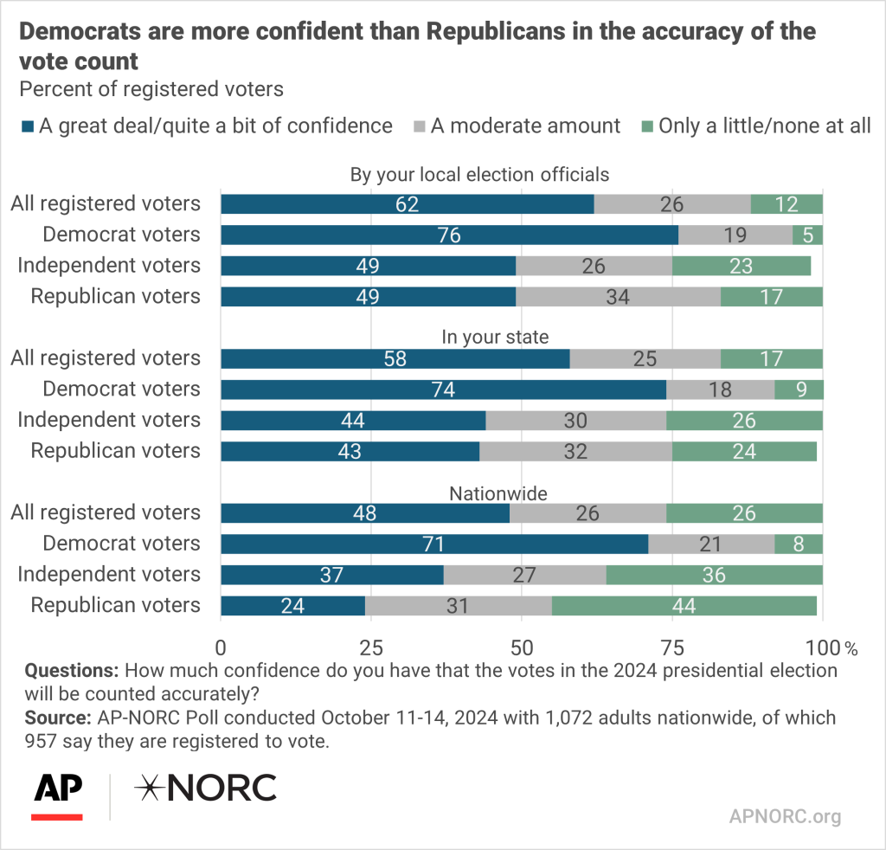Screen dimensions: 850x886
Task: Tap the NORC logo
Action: [x=206, y=788]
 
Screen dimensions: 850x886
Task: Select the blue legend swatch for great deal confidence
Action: [x=26, y=126]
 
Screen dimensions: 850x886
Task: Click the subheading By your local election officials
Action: [x=479, y=175]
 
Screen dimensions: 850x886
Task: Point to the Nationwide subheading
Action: [x=498, y=493]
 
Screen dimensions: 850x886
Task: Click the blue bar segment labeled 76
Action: [x=449, y=235]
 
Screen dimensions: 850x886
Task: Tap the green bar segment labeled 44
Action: [x=684, y=606]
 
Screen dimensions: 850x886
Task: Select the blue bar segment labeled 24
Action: [x=293, y=606]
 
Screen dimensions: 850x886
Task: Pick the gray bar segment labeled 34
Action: [x=618, y=297]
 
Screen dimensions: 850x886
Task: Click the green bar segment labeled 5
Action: [x=807, y=235]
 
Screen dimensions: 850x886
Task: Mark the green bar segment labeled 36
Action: [x=714, y=575]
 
